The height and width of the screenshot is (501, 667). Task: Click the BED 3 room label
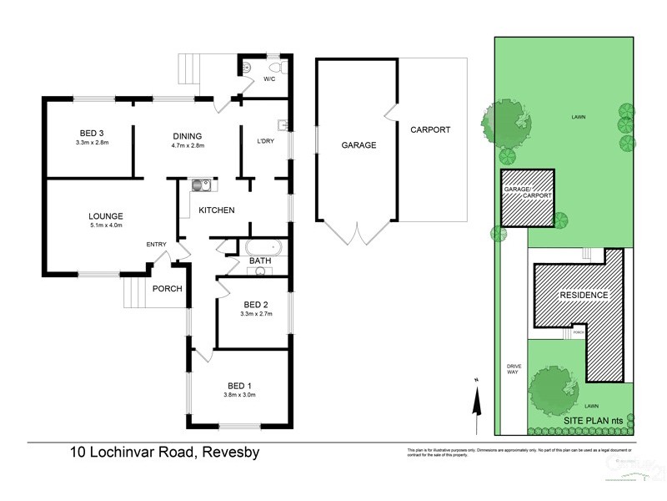pos(92,134)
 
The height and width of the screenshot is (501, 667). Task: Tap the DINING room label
pos(188,137)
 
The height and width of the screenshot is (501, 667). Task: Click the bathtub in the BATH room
pos(264,248)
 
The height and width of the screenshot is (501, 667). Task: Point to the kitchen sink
pos(200,186)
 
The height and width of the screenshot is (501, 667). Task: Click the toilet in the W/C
pos(275,67)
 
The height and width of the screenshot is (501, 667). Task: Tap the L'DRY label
pos(265,139)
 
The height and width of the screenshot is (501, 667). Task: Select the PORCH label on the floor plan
pos(167,289)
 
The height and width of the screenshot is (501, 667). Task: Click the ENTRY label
pos(156,244)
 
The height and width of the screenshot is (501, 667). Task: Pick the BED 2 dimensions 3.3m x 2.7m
pos(255,314)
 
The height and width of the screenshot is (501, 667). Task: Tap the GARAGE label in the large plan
pos(359,144)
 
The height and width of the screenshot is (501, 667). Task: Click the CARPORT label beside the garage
pos(429,129)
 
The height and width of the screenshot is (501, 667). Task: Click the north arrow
pos(475,402)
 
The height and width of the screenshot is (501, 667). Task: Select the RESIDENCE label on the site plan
pos(584,296)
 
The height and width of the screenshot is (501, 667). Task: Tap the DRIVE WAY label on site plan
pos(513,368)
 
